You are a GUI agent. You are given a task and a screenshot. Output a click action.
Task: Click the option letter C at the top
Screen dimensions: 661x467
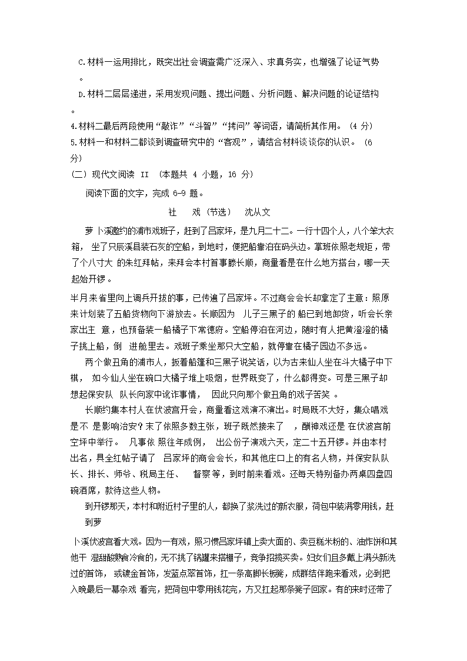tap(81, 62)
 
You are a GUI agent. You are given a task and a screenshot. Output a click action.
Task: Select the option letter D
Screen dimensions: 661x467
tap(81, 94)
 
